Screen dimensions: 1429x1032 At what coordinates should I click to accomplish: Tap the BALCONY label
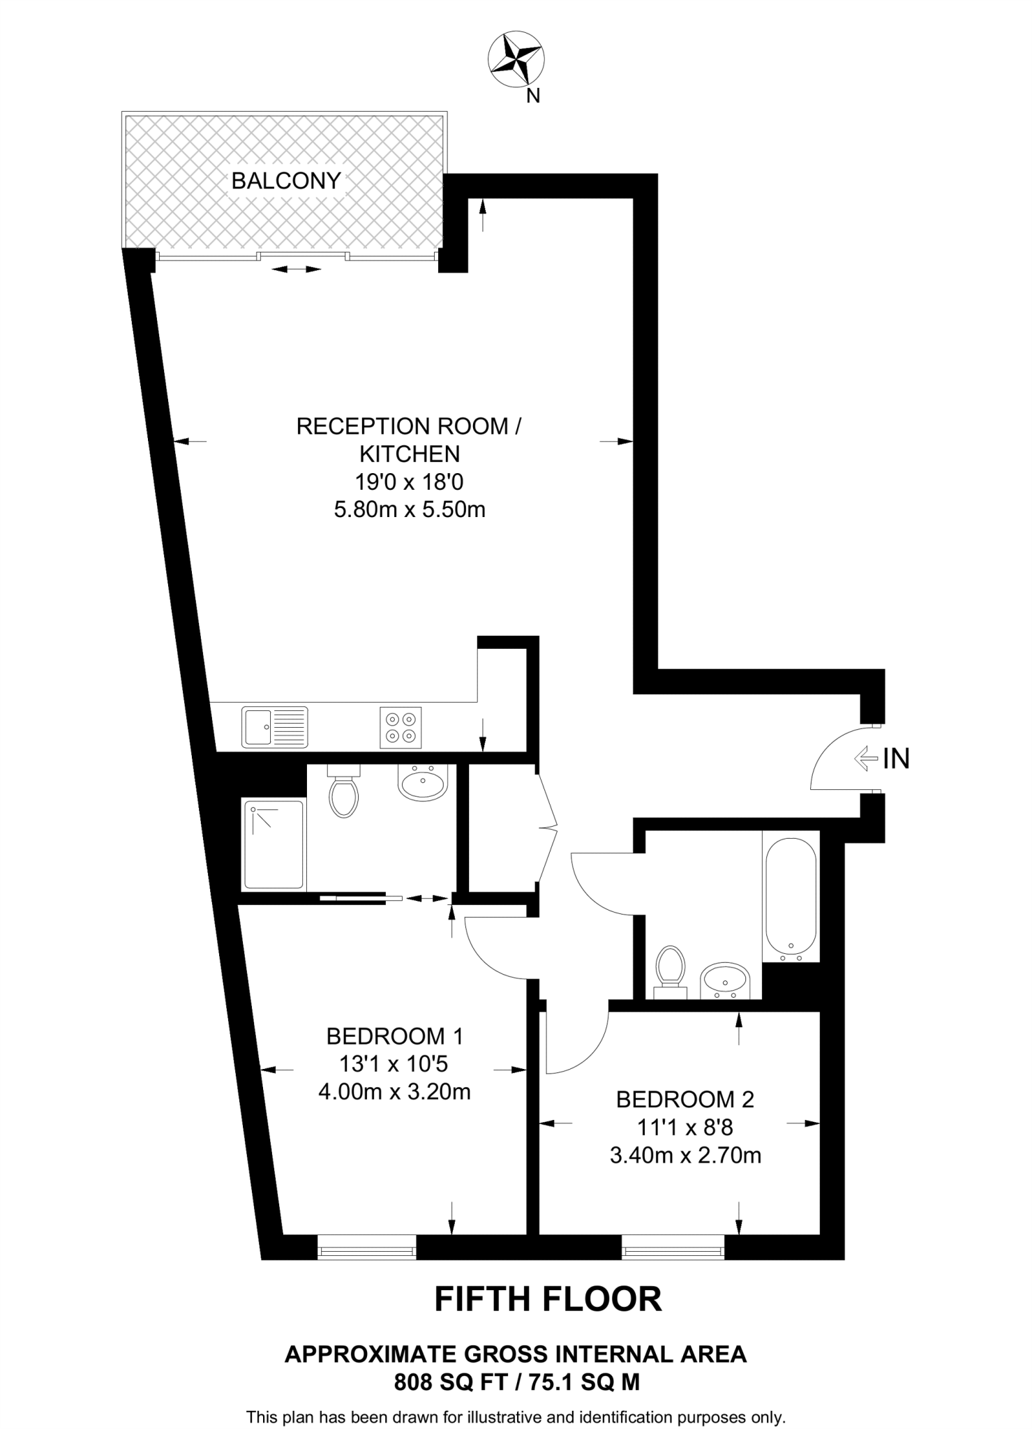point(286,181)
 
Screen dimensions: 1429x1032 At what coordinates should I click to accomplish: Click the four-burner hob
point(401,727)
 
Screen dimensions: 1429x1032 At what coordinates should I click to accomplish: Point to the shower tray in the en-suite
point(274,845)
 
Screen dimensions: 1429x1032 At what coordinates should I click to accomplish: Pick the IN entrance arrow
point(866,758)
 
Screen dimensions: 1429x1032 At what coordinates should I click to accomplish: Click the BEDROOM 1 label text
point(395,1036)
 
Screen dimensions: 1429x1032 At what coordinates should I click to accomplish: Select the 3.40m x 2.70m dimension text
point(685,1155)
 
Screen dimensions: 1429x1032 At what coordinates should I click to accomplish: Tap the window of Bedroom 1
point(366,1247)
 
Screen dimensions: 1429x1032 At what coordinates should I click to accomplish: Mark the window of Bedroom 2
point(673,1247)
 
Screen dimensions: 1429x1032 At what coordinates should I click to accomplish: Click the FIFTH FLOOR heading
point(548,1299)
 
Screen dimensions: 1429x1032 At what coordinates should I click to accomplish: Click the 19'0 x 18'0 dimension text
point(410,481)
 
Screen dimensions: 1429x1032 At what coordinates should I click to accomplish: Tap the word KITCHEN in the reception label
point(410,454)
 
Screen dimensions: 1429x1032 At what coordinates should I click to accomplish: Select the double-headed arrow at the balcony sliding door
point(297,269)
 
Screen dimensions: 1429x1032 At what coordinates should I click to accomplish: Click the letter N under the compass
point(533,97)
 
